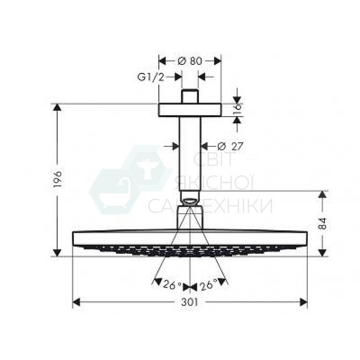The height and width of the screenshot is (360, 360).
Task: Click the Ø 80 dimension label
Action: point(190,61)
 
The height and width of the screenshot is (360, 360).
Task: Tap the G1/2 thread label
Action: point(151,77)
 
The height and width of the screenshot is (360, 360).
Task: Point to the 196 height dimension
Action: point(58,180)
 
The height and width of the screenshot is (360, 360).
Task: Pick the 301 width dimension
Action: point(190,302)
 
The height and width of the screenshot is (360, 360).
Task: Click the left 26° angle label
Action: point(172,285)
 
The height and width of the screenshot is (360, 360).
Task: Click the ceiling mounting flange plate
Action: point(190,110)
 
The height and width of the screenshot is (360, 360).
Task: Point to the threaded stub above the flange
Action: point(190,96)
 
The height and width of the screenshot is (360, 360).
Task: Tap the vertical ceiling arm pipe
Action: point(190,154)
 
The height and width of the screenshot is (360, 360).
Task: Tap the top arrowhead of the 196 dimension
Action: point(58,108)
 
